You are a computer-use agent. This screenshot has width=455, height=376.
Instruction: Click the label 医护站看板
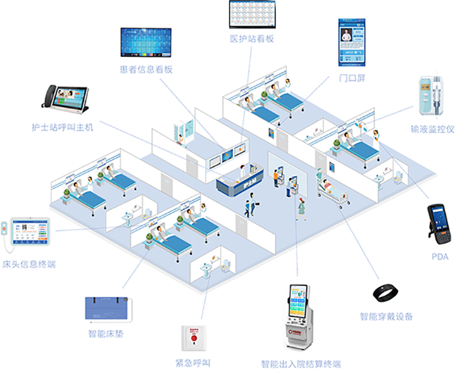coord(252,39)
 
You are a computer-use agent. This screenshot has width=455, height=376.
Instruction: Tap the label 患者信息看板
coord(146,69)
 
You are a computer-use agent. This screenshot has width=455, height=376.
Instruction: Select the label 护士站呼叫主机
coord(62,127)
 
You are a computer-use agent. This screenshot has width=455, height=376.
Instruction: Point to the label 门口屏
coord(352,78)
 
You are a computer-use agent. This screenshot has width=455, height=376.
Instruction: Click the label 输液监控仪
coord(432,129)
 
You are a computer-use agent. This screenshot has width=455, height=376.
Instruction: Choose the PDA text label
coord(440,257)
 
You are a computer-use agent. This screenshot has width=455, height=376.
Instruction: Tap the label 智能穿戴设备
coord(386,316)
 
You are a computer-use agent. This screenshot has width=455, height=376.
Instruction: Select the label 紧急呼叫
coord(193,363)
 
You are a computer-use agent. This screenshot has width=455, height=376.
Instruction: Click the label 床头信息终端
coord(28,263)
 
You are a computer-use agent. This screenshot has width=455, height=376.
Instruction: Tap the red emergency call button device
coord(193,338)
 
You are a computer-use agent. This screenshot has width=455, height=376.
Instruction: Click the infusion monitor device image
coord(431,97)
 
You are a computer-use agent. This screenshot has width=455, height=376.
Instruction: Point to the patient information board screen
coord(146,42)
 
